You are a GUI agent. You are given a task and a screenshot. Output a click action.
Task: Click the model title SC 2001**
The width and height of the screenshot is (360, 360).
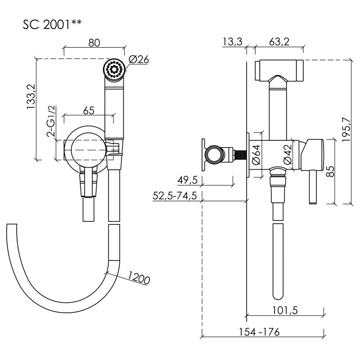(x=52, y=24)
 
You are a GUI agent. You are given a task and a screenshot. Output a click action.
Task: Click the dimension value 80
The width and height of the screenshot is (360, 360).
(x=94, y=43)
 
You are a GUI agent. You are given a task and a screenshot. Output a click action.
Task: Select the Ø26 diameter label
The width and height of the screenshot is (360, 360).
(x=139, y=59)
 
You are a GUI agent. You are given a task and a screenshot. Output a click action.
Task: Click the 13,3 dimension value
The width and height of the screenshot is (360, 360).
(x=233, y=42)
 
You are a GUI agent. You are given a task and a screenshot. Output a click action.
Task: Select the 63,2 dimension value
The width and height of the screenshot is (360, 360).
(x=279, y=42)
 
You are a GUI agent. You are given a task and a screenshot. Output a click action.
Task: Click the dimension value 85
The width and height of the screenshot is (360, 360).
(x=329, y=171)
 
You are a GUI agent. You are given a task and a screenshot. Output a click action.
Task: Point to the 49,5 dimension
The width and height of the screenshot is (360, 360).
(x=188, y=180)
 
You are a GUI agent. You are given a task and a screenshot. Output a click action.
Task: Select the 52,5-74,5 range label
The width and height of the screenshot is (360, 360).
(x=176, y=196)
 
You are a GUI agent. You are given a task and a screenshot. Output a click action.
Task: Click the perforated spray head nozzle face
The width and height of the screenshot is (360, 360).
(x=113, y=69)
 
